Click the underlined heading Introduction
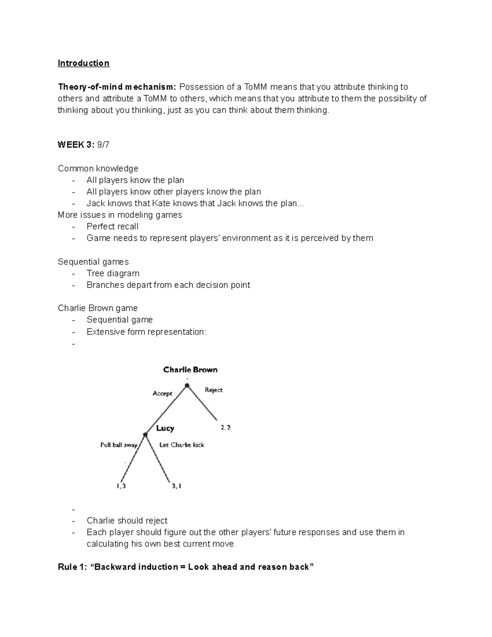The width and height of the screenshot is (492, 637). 84,63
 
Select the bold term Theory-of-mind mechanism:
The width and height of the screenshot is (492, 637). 117,87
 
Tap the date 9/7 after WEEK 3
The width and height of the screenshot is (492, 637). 103,145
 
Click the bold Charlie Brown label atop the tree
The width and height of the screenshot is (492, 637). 190,370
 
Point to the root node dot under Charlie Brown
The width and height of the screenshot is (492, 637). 187,386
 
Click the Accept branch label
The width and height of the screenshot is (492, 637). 162,393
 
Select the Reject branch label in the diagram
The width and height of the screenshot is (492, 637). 214,390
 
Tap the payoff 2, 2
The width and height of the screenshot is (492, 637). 225,427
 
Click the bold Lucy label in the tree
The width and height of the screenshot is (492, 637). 165,428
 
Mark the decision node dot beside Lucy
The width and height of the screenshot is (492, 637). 145,435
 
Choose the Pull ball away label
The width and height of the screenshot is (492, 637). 118,445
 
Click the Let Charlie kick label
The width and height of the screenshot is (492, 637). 182,445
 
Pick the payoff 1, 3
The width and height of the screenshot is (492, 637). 121,486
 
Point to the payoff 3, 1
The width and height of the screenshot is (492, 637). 176,486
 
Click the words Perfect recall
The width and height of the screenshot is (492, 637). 112,226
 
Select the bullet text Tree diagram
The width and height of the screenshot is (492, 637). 113,273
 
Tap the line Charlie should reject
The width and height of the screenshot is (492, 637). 127,521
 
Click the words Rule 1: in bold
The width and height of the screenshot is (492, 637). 72,567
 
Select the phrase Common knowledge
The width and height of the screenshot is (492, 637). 98,169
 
